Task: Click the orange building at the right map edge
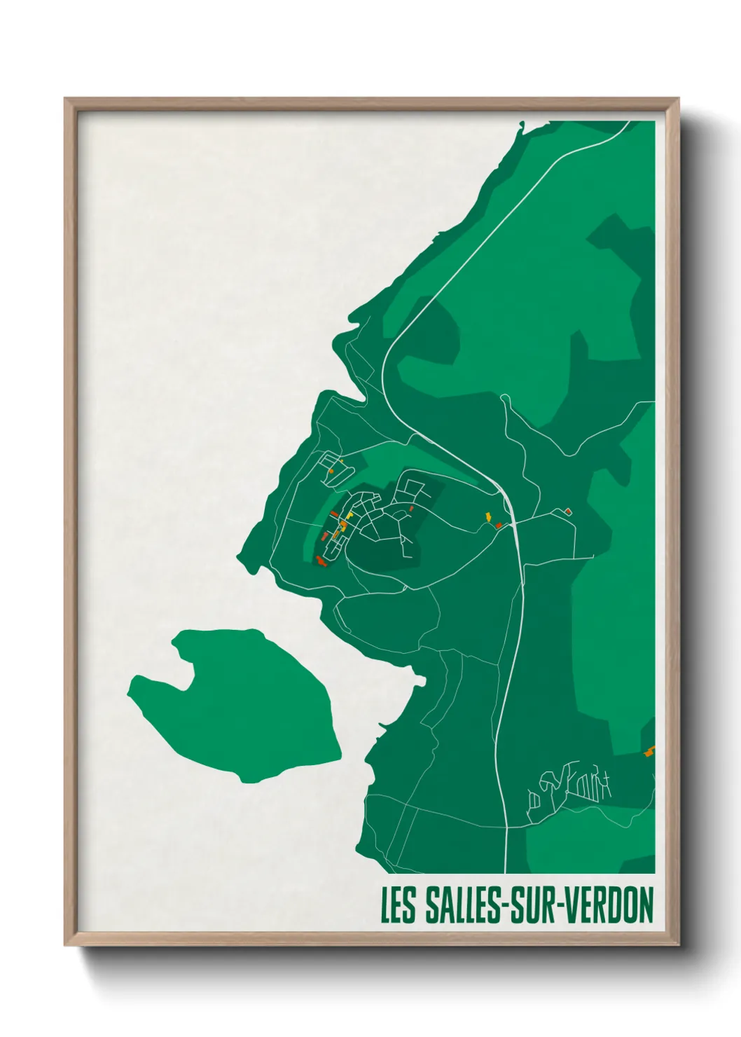tap(649, 752)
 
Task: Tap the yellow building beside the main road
tap(488, 516)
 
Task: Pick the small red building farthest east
tap(568, 511)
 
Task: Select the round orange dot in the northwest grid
tap(331, 471)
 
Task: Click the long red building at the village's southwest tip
tap(321, 560)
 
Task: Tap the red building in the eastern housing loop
tap(411, 508)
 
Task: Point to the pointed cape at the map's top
tap(521, 125)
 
